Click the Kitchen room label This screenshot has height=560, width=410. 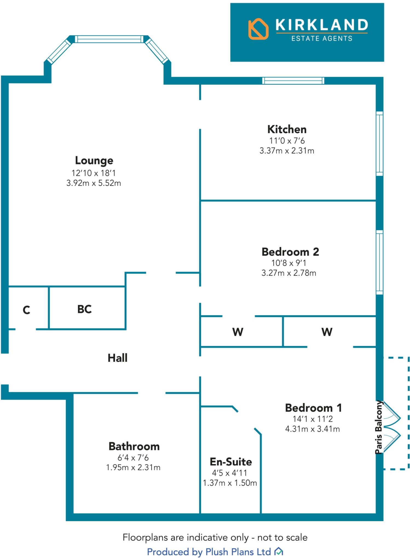[x=287, y=129]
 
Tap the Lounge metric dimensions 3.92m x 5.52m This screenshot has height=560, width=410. [x=94, y=183]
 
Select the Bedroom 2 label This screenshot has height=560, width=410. [x=290, y=252]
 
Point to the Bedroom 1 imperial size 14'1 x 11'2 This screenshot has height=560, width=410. [x=313, y=419]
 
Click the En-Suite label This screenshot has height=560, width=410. [x=231, y=462]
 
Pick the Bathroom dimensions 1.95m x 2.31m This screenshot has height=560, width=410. [x=133, y=467]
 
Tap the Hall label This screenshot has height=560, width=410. [x=117, y=358]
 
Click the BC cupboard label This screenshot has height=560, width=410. [x=84, y=309]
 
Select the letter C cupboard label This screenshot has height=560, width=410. [x=26, y=310]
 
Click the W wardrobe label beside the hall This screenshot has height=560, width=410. [x=238, y=332]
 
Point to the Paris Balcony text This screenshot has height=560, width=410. [x=379, y=427]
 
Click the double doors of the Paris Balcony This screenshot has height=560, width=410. [x=392, y=427]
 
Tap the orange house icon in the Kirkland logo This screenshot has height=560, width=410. [x=258, y=29]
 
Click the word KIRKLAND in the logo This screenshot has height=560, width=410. [x=322, y=25]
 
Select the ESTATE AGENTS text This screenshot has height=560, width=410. [x=322, y=39]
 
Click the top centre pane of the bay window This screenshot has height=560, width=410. [x=109, y=39]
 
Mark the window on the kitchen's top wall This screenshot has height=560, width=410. [x=293, y=81]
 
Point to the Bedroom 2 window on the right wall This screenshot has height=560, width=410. [x=379, y=262]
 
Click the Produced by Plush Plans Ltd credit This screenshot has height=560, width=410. [x=209, y=552]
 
